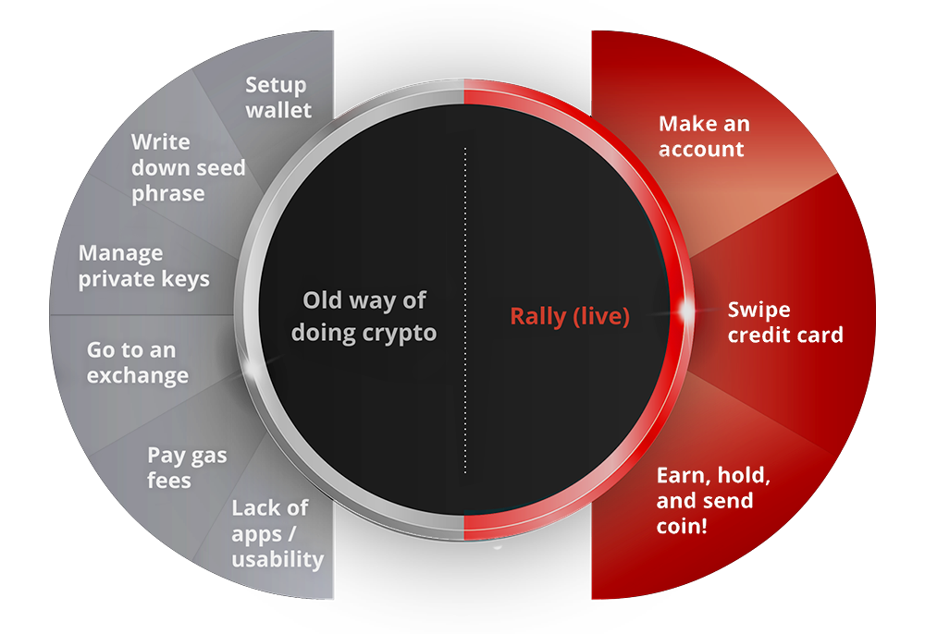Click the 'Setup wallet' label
[278, 97]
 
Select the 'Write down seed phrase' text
[188, 167]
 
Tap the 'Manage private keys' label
[144, 266]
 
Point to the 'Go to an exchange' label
[138, 362]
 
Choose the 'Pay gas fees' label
[187, 468]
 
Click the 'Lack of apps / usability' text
[277, 533]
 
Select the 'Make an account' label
[704, 136]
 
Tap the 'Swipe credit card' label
[785, 322]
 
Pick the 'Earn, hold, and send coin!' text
[713, 500]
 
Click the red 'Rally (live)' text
[570, 316]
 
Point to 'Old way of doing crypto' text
[364, 316]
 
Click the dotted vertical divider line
[465, 310]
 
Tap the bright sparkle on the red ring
[686, 310]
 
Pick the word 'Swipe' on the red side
[758, 311]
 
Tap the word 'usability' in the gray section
[277, 559]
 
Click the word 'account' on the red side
[701, 149]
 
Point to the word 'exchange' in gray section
[138, 376]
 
